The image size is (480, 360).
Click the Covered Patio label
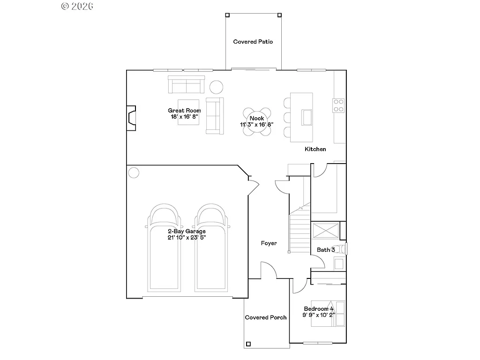[253, 42]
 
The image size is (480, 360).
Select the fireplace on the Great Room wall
[132, 117]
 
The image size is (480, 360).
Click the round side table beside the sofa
[216, 87]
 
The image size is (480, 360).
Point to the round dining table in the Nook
[256, 121]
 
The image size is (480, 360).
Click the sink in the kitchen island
[307, 117]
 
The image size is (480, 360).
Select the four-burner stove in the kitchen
[338, 105]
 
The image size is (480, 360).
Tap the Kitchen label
[315, 149]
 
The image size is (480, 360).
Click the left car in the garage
[164, 248]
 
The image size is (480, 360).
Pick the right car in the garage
[210, 248]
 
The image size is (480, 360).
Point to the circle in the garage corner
[134, 172]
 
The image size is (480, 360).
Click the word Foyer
[269, 243]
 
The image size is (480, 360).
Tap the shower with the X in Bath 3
[325, 231]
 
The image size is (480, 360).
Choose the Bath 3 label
[326, 250]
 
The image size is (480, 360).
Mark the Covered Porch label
[266, 317]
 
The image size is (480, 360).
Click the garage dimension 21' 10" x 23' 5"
[187, 238]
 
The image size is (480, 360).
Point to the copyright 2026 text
[77, 6]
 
